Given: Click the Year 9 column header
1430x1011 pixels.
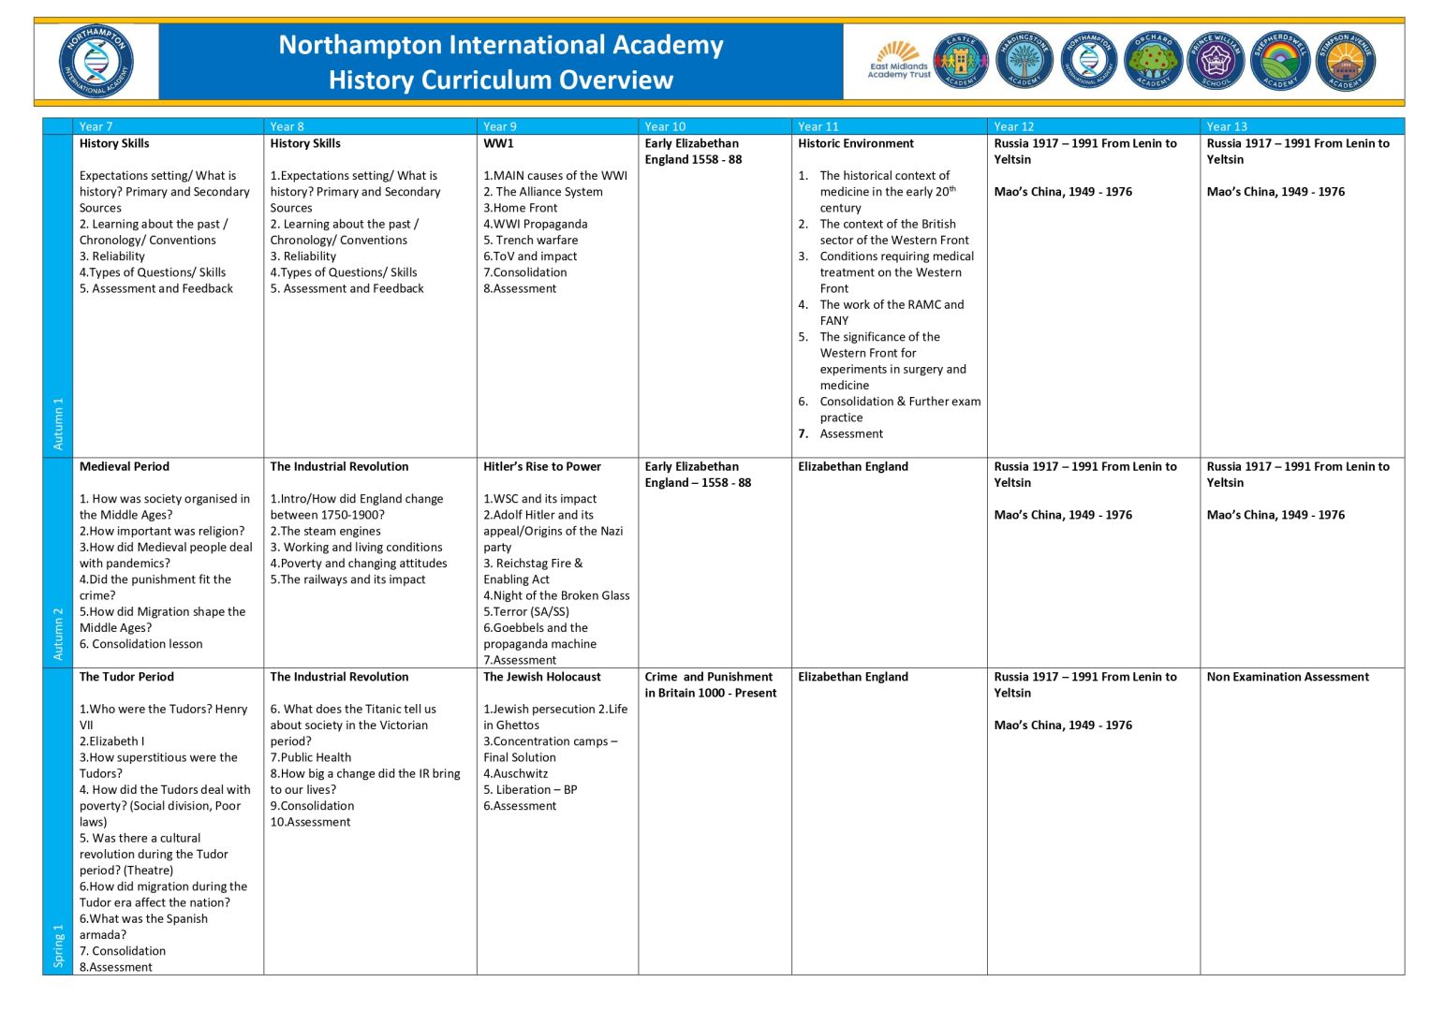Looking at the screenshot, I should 500,126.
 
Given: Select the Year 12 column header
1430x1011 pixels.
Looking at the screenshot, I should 1014,126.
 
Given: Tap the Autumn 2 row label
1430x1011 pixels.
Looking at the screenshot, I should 58,634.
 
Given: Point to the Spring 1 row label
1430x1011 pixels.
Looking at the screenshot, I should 58,945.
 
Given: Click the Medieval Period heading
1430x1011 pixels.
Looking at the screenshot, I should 125,466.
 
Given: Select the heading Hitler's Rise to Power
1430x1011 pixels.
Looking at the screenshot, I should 542,466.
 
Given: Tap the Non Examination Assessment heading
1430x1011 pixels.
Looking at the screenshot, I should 1288,677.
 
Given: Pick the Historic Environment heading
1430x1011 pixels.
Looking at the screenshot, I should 856,143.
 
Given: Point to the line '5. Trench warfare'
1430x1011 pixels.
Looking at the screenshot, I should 531,240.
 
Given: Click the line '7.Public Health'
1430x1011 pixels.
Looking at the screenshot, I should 311,757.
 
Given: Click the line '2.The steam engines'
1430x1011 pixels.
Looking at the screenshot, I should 326,531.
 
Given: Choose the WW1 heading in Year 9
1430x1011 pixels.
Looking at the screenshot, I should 498,143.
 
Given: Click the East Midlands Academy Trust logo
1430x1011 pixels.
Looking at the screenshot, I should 899,61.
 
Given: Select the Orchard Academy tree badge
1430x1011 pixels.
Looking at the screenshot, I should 1153,61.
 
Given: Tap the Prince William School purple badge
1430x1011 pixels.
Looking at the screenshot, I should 1216,61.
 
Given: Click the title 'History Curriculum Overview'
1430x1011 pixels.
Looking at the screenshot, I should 501,81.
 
